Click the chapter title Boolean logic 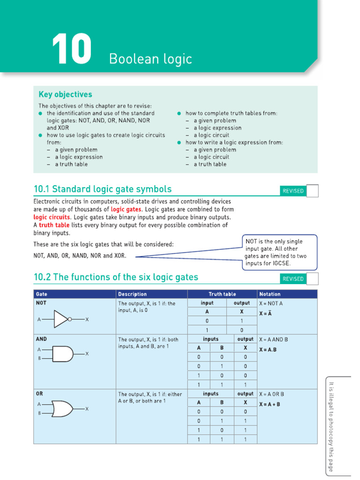point(150,59)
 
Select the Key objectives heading point(65,94)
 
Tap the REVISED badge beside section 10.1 point(293,191)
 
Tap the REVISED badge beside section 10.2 point(293,279)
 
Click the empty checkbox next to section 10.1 point(312,191)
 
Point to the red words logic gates point(125,210)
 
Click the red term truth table point(54,225)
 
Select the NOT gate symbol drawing point(63,319)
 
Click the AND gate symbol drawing point(63,354)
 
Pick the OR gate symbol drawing point(63,409)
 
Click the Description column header point(133,294)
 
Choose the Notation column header point(270,294)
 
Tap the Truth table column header point(222,294)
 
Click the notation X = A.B point(269,349)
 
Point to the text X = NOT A point(271,304)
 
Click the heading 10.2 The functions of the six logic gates point(116,277)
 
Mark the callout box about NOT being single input point(280,252)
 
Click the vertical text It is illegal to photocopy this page point(331,427)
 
